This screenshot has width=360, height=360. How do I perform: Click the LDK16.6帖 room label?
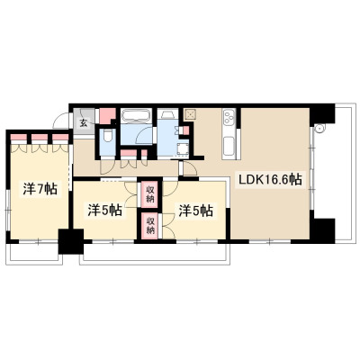point(270,179)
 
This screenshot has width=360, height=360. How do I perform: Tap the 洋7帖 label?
point(40,189)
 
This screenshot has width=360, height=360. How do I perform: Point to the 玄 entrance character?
point(83,123)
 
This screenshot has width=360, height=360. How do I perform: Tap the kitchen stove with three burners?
point(229,118)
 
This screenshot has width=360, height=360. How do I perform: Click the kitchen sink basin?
point(229,147)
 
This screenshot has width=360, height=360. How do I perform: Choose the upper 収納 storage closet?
point(149,193)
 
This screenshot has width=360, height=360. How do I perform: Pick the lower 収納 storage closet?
point(149,226)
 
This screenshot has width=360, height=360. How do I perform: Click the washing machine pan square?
point(183,150)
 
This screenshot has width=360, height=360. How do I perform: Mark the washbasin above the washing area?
point(167,115)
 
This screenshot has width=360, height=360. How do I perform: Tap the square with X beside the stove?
point(190,114)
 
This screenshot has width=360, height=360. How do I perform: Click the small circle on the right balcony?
point(319,129)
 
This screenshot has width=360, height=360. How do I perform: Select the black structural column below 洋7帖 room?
point(71,241)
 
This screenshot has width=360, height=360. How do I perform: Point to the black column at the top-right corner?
point(322,114)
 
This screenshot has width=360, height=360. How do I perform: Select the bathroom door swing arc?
point(143,135)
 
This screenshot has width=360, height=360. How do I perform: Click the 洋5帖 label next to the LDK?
point(196,211)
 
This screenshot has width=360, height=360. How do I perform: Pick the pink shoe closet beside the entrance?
point(107,115)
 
